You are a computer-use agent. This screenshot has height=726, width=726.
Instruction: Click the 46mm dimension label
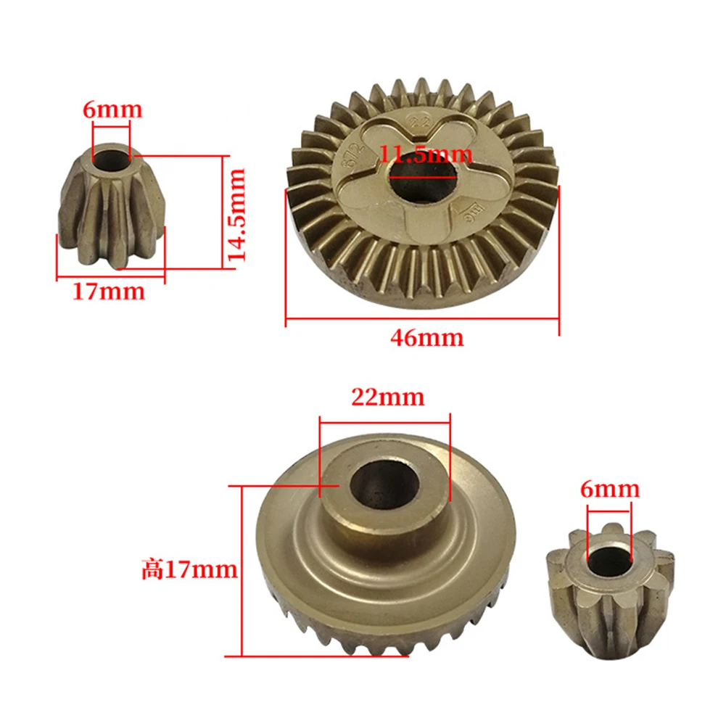click(426, 338)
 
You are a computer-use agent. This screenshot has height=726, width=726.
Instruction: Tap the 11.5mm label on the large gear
click(426, 154)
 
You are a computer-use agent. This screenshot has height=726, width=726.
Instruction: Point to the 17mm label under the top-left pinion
click(108, 292)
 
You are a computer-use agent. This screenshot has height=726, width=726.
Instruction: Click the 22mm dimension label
click(387, 397)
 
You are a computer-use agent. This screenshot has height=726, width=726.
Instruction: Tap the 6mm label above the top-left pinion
click(112, 110)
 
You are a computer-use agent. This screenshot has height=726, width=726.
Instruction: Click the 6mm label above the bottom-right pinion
click(610, 490)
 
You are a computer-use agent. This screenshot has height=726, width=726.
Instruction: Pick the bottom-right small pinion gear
click(606, 587)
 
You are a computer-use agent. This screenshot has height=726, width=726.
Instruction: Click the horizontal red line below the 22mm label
click(384, 415)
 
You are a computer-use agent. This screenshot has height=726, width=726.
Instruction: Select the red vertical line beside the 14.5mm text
click(220, 210)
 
